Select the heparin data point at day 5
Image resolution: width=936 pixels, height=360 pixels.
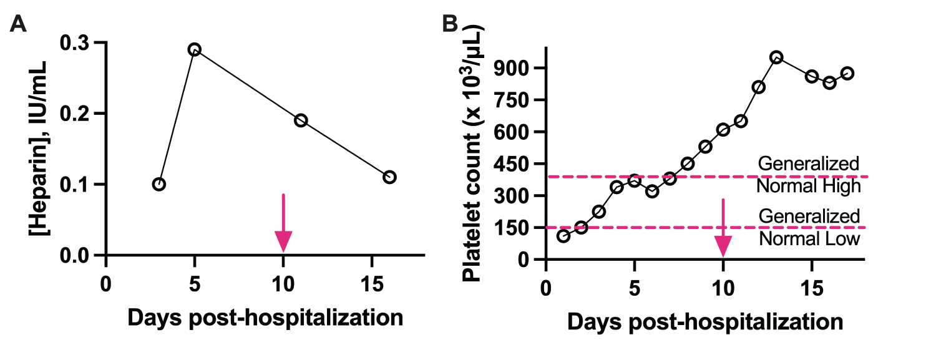point(195,49)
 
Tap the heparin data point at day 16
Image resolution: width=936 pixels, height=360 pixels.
point(389,177)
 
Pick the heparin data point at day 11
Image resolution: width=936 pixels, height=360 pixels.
point(301,120)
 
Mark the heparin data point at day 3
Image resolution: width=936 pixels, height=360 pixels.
point(159,184)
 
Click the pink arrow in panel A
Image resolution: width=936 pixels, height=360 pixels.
point(283,225)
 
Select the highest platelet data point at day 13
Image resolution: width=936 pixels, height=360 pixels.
point(776,57)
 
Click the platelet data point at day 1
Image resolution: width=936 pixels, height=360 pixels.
point(563,236)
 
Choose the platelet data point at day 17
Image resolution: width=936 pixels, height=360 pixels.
point(847,73)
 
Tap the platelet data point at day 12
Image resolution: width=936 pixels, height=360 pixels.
point(758,87)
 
